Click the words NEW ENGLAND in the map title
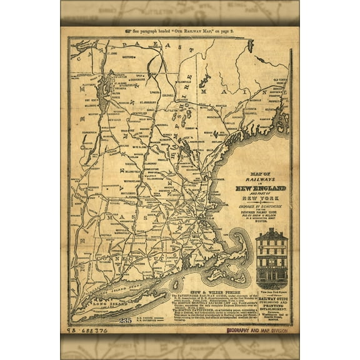(x=261, y=188)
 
